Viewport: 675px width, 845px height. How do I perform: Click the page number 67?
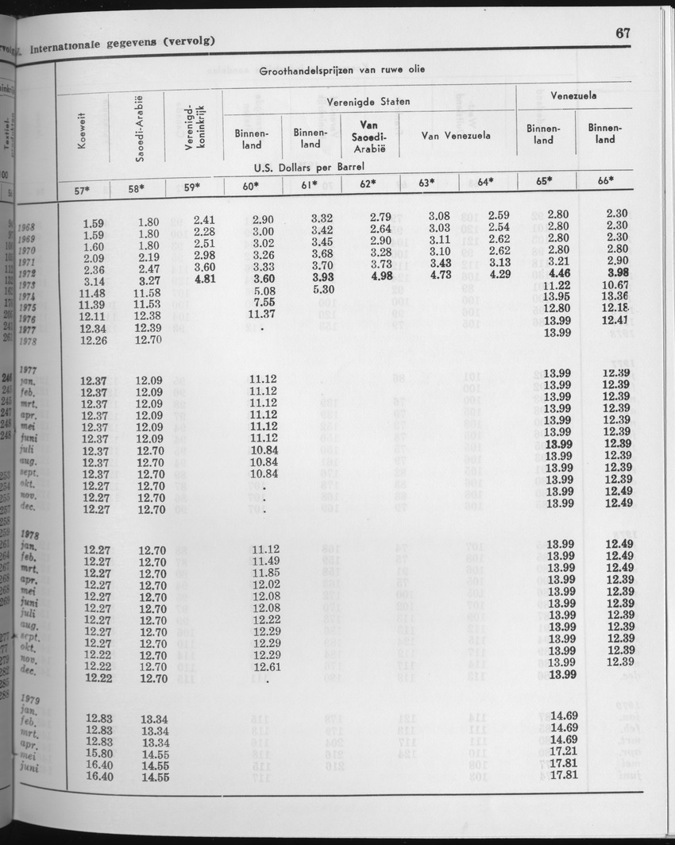(x=622, y=33)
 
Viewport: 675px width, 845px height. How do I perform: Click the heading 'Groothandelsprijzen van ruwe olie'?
(x=341, y=70)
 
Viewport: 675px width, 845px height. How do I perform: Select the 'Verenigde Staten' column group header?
(x=368, y=102)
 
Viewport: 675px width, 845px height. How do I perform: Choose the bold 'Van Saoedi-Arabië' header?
(x=368, y=138)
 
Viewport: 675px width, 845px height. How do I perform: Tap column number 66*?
(x=605, y=181)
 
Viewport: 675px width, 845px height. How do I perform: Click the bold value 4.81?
(x=205, y=280)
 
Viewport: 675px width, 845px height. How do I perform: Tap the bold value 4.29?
(x=498, y=275)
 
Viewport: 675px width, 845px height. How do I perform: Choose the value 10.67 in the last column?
(x=616, y=285)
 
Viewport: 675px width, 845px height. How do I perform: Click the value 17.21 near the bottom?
(x=562, y=750)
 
